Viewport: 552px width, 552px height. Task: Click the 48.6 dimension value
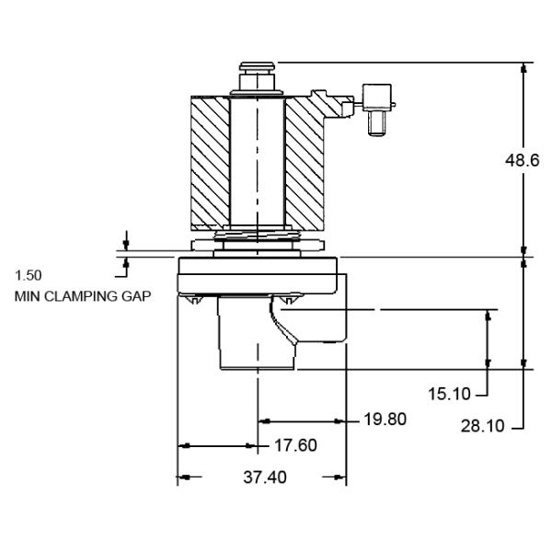coord(523,160)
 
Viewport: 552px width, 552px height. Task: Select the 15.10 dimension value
coord(449,394)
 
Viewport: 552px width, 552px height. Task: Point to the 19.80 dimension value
coord(385,420)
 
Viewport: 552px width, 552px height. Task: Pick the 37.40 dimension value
coord(263,477)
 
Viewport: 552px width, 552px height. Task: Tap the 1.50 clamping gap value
coord(29,275)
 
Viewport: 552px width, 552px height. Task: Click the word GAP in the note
coord(135,297)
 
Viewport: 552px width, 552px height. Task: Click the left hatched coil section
coord(209,163)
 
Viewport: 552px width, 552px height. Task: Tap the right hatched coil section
coord(305,163)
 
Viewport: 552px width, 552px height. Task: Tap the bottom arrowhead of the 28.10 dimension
coord(524,363)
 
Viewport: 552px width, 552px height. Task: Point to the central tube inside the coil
coord(257,161)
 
